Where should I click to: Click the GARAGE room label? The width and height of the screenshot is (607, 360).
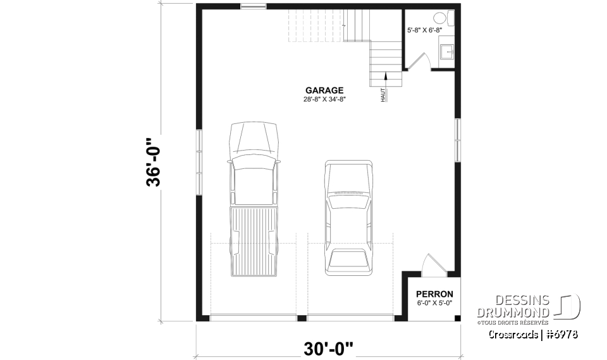[x=324, y=90]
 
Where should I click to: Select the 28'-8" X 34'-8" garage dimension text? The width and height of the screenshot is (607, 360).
[x=324, y=99]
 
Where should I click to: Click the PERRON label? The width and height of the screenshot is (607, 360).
[x=434, y=294]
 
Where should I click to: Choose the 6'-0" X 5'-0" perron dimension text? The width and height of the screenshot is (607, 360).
[x=434, y=303]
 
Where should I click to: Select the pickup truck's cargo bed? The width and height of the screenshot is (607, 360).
[x=254, y=240]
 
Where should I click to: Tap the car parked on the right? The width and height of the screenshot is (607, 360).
[x=348, y=218]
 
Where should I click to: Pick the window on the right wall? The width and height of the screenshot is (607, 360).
[x=457, y=139]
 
